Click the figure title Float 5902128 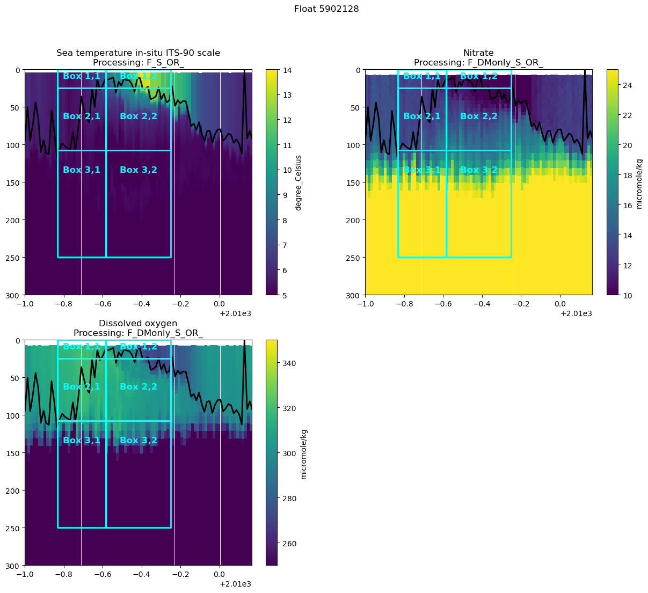pos(326,9)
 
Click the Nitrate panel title pos(478,53)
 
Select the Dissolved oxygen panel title pos(138,324)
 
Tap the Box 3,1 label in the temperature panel pos(82,170)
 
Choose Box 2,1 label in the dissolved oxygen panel pos(82,387)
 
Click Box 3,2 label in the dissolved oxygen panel pos(139,441)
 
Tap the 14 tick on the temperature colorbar pos(287,70)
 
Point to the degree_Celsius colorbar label pos(298,182)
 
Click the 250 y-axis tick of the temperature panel pos(13,258)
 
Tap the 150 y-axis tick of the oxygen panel pos(13,453)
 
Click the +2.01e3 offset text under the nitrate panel pos(576,313)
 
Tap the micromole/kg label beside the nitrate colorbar pos(639,182)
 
